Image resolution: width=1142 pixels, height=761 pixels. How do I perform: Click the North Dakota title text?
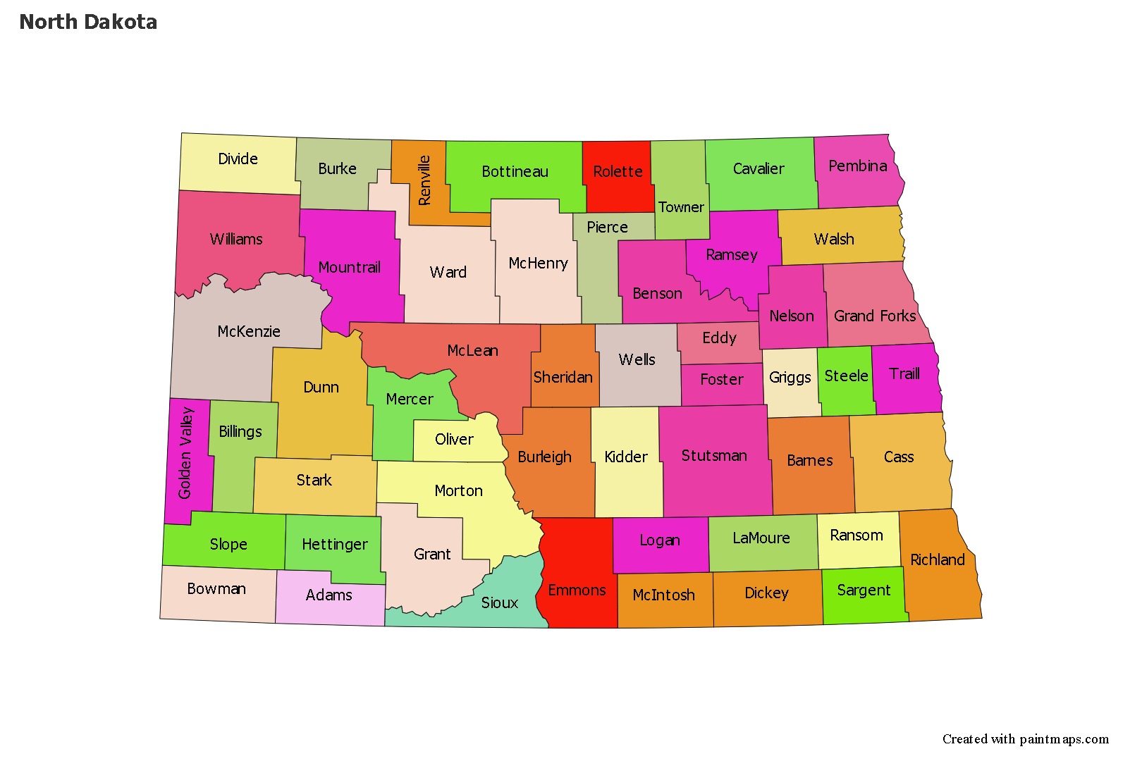[88, 22]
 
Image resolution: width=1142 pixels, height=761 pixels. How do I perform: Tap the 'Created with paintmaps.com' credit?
[1025, 738]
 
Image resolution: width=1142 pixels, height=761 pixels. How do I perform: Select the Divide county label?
[238, 159]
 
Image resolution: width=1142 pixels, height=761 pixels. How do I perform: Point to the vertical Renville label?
[424, 180]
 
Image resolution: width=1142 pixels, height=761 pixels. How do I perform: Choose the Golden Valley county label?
[185, 453]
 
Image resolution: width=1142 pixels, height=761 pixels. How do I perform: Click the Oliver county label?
[454, 439]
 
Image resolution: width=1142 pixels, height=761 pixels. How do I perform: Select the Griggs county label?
[790, 377]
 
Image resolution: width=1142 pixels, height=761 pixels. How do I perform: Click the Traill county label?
[904, 373]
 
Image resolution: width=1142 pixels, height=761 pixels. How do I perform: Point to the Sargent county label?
[864, 590]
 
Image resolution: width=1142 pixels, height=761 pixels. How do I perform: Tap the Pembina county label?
[857, 166]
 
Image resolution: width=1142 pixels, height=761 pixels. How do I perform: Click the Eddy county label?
[719, 338]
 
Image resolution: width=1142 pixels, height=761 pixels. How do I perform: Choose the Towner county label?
[681, 207]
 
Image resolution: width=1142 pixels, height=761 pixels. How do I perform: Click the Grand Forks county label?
[875, 316]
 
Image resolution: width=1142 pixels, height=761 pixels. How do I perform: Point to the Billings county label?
[240, 431]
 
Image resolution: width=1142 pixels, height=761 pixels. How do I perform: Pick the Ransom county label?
[856, 535]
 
